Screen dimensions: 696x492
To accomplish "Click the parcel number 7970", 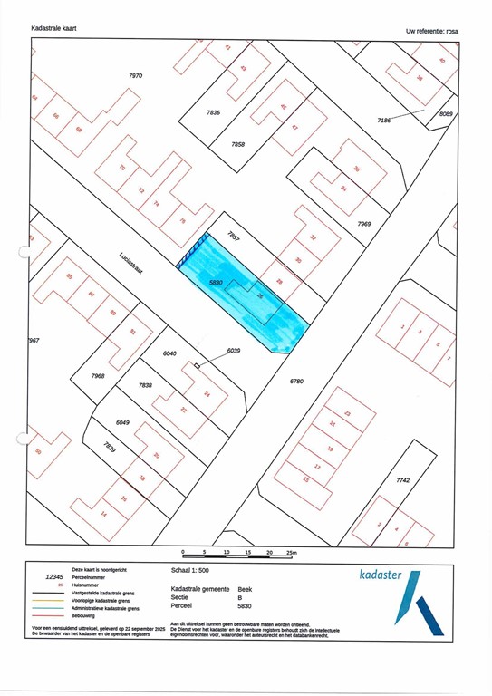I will tap(136, 76).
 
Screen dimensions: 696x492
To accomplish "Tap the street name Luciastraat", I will tap(135, 261).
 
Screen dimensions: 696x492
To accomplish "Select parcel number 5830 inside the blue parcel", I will tap(216, 284).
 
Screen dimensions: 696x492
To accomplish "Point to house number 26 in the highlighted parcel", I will tap(260, 295).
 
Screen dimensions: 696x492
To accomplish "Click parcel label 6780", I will tap(296, 382).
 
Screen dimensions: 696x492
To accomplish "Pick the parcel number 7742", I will tap(402, 481).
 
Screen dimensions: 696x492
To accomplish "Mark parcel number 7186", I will tap(390, 120).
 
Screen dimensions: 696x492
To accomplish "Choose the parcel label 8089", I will tap(446, 113).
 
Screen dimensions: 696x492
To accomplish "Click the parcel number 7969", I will tap(364, 223).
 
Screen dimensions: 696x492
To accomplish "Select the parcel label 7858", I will tap(237, 145).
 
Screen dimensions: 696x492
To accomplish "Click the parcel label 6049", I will tap(123, 422).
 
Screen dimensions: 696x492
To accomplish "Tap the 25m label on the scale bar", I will tap(291, 552).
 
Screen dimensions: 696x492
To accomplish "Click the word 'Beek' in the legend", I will tap(245, 588).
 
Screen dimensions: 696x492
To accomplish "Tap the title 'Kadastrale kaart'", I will tap(53, 29).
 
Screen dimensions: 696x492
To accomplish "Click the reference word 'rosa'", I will tap(452, 32).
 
